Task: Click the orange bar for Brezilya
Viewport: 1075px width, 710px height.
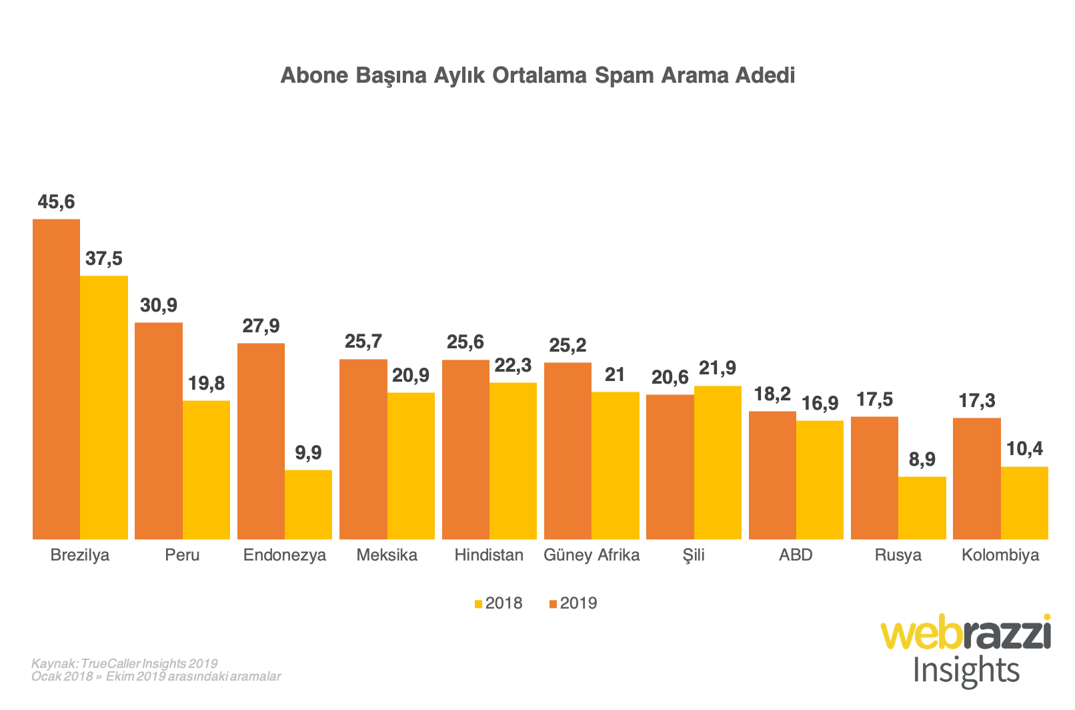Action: (x=57, y=379)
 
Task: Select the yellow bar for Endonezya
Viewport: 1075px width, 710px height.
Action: (x=308, y=504)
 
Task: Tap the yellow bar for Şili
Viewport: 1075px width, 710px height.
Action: (x=718, y=462)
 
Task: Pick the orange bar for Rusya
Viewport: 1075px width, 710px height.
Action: (x=874, y=478)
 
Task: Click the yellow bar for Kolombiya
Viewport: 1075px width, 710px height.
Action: (x=1024, y=502)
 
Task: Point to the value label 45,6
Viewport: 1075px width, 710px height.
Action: (x=57, y=202)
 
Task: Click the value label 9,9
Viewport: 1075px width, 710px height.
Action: (x=308, y=453)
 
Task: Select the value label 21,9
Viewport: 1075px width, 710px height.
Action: (x=718, y=368)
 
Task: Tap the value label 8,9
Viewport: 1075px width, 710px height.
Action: (x=922, y=459)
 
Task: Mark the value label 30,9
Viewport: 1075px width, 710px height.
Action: (x=159, y=306)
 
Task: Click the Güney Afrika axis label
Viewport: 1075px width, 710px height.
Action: (x=592, y=555)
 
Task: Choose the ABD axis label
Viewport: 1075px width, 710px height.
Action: (x=796, y=555)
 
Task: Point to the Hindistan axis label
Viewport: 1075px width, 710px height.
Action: (x=489, y=555)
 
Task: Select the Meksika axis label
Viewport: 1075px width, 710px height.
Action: (x=387, y=555)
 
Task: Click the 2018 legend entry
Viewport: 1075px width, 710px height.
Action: (x=498, y=603)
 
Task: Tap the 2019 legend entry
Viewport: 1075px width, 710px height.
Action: (x=573, y=603)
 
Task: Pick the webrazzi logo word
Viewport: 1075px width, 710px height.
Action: (x=966, y=633)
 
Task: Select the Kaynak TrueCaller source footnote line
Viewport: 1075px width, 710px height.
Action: (x=125, y=663)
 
